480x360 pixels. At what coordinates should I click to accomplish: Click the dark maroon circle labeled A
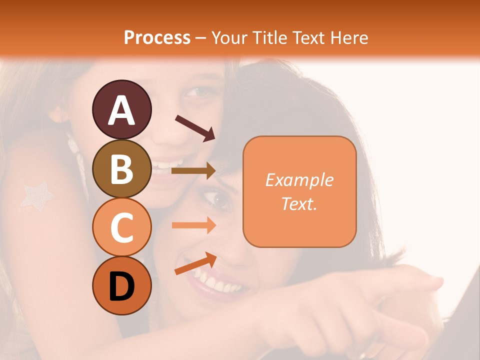pyautogui.click(x=121, y=109)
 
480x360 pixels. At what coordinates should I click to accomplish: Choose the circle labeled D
pyautogui.click(x=121, y=285)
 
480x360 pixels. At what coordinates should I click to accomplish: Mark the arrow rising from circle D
pyautogui.click(x=195, y=263)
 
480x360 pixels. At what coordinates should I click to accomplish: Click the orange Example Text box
pyautogui.click(x=299, y=192)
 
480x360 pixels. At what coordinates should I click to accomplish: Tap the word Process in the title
pyautogui.click(x=157, y=37)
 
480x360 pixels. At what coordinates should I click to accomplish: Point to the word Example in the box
pyautogui.click(x=299, y=180)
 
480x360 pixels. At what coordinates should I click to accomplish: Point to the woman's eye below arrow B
pyautogui.click(x=219, y=200)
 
